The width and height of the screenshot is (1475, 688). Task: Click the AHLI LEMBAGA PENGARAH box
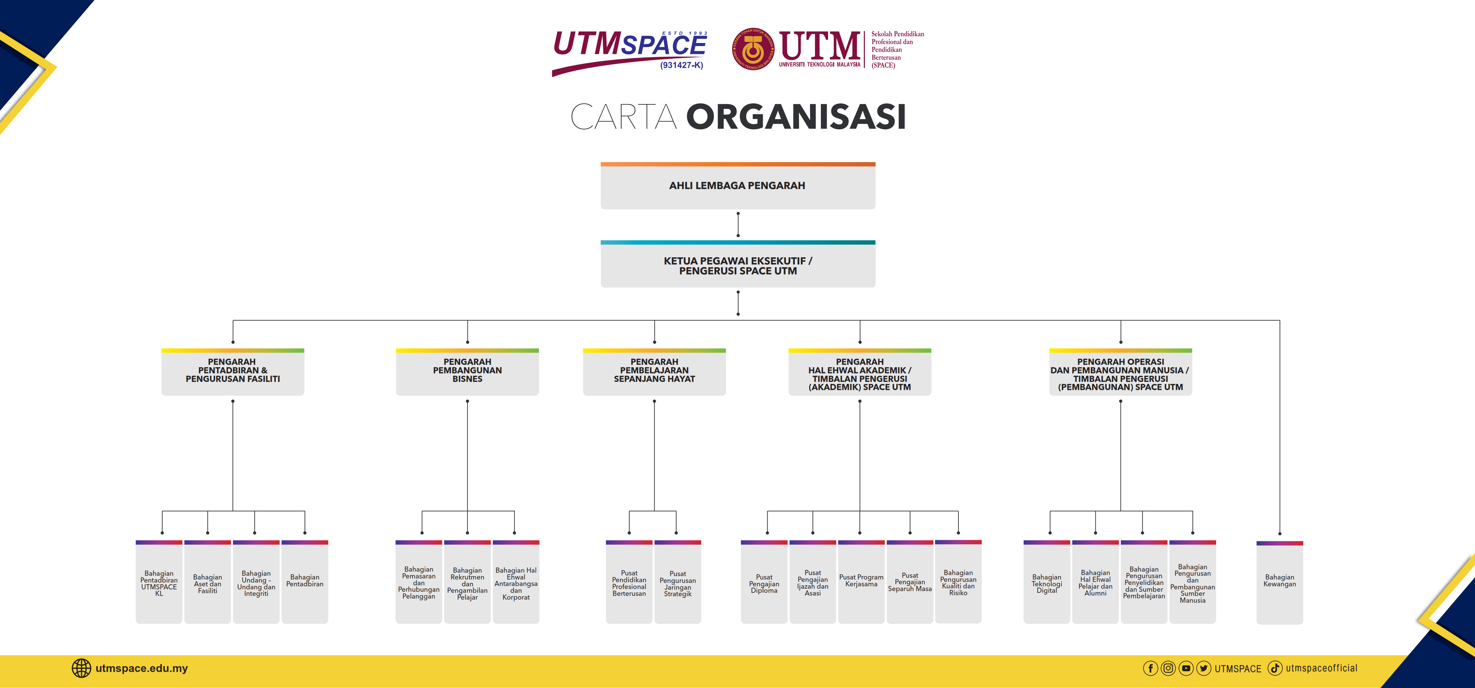point(737,185)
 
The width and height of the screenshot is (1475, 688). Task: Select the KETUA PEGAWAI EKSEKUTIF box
point(737,264)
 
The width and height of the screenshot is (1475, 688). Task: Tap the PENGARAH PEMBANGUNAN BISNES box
point(467,372)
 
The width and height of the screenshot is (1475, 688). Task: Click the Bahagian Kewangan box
point(1280,582)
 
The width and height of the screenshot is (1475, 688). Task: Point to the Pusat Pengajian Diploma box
point(764,582)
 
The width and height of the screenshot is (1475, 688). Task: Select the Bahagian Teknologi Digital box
point(1047,582)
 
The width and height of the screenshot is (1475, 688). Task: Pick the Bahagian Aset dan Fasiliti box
point(207,582)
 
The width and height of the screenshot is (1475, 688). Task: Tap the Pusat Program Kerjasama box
point(861,582)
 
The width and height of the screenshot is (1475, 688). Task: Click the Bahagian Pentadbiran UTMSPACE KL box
point(159,582)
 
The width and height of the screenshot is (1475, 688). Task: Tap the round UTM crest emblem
point(753,49)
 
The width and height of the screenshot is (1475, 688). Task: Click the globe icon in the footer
point(81,668)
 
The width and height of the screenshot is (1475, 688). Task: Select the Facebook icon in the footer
point(1150,668)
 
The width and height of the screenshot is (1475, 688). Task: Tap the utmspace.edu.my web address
point(141,668)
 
